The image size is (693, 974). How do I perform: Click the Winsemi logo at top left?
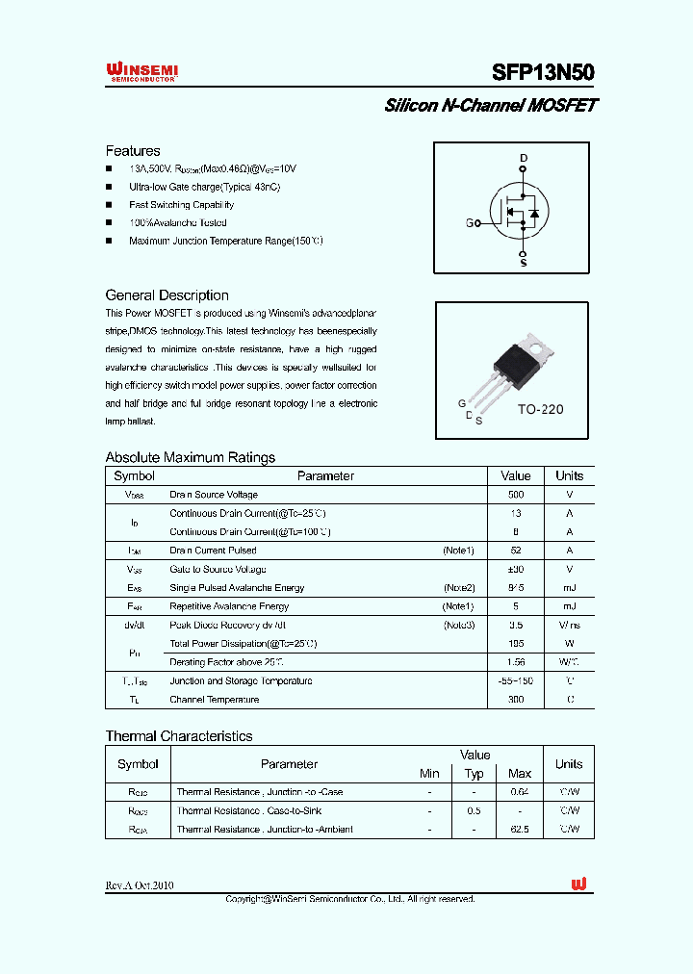(141, 72)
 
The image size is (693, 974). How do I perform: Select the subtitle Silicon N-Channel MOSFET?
(491, 106)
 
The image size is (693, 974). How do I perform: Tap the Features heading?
(133, 151)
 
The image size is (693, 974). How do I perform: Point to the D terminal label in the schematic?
(524, 158)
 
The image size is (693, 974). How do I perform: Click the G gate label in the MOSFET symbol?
(470, 223)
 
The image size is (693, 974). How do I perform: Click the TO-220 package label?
(540, 409)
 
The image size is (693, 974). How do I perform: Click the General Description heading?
(167, 295)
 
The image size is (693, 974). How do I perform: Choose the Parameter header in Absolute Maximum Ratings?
(325, 475)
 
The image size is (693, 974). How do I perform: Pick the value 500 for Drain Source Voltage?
(516, 495)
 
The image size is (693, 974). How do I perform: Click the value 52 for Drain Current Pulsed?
(516, 551)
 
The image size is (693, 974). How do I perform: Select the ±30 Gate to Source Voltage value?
(516, 569)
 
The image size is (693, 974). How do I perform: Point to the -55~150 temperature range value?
(516, 680)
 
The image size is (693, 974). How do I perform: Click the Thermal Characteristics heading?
(179, 736)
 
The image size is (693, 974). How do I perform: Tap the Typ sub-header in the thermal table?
(475, 774)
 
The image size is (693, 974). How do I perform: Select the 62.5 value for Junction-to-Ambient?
(520, 829)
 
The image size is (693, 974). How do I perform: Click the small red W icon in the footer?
(578, 884)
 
